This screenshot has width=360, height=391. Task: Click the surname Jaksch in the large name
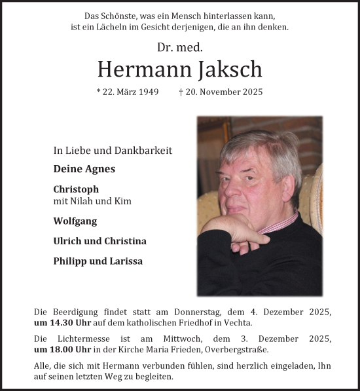point(226,69)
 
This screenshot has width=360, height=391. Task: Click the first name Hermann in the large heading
point(137,69)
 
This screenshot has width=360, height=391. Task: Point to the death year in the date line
point(251,92)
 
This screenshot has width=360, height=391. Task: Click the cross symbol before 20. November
point(181,92)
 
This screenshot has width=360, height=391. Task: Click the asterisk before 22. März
point(98,92)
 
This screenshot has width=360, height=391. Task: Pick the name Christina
point(124,241)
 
